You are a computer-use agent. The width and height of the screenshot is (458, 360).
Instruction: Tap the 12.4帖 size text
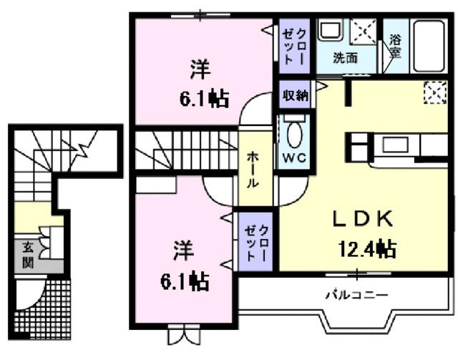click(367, 249)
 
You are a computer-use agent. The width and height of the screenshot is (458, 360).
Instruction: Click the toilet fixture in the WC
click(293, 133)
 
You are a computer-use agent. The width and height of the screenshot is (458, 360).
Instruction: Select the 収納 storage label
click(294, 95)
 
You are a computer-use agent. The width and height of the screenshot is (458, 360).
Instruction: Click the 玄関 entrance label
click(28, 253)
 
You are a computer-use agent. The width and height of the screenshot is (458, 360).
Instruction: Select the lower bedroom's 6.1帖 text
click(184, 281)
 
